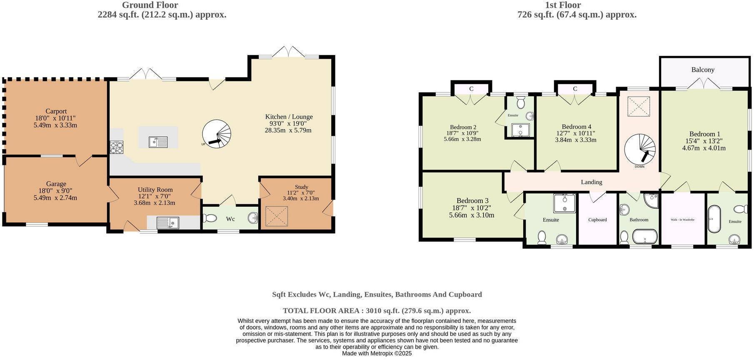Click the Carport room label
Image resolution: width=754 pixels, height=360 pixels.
(56, 111)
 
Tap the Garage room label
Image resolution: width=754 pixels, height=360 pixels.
(56, 184)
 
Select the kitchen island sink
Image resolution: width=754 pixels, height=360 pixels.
(158, 142)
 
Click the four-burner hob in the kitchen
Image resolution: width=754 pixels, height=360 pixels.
(117, 147)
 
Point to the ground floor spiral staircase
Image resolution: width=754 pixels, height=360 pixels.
(216, 134)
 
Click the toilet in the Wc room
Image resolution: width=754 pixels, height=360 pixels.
(210, 218)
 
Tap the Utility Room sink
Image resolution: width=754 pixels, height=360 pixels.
(167, 223)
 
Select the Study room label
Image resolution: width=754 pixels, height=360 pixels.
(301, 187)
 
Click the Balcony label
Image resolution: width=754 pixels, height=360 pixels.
(703, 70)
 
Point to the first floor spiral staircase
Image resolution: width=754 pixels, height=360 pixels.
(639, 149)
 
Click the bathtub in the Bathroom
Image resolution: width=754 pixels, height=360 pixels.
(645, 237)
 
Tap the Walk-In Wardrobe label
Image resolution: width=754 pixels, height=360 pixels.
(682, 220)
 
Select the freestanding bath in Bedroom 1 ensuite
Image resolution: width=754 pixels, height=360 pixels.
(714, 218)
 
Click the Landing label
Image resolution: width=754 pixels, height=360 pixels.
(591, 182)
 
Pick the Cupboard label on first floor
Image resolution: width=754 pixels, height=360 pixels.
(597, 220)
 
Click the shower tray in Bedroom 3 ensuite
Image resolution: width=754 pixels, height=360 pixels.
(564, 203)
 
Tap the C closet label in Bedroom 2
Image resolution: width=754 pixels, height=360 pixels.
(471, 89)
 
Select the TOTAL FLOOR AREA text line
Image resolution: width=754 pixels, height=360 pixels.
(377, 310)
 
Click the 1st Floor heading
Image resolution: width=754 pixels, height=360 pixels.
(562, 5)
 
